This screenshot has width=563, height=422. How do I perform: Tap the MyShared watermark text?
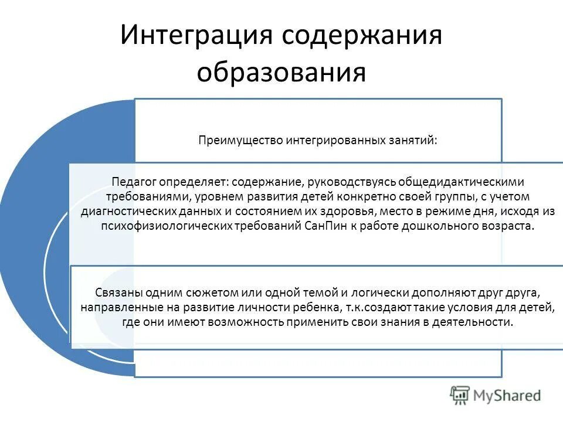[x=507, y=396]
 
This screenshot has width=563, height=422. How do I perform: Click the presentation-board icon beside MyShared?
[x=460, y=396]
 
